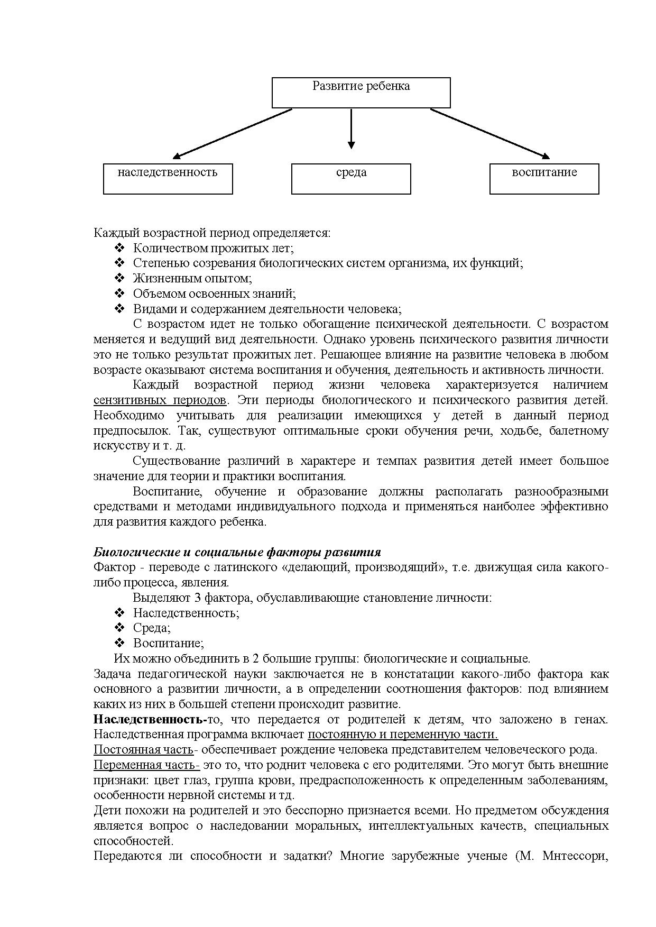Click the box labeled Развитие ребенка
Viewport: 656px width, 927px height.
pyautogui.click(x=361, y=93)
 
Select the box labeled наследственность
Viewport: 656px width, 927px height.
pyautogui.click(x=168, y=179)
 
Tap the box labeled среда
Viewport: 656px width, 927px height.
pyautogui.click(x=351, y=179)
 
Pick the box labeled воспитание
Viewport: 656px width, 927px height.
pyautogui.click(x=544, y=179)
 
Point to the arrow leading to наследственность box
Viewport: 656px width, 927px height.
pyautogui.click(x=233, y=133)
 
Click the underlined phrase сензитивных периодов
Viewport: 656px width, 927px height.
pyautogui.click(x=160, y=400)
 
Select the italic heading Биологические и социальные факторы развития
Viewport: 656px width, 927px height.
pyautogui.click(x=237, y=552)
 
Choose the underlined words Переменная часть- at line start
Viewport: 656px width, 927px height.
pyautogui.click(x=146, y=765)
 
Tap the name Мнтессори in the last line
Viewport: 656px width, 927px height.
pyautogui.click(x=574, y=856)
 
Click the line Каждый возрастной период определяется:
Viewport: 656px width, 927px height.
pyautogui.click(x=211, y=233)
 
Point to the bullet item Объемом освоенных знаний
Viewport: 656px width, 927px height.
pyautogui.click(x=214, y=293)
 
